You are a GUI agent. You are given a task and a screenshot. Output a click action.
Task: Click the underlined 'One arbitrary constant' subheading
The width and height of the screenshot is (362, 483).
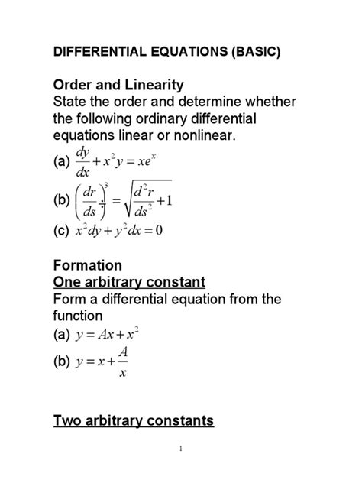[x=128, y=283]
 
